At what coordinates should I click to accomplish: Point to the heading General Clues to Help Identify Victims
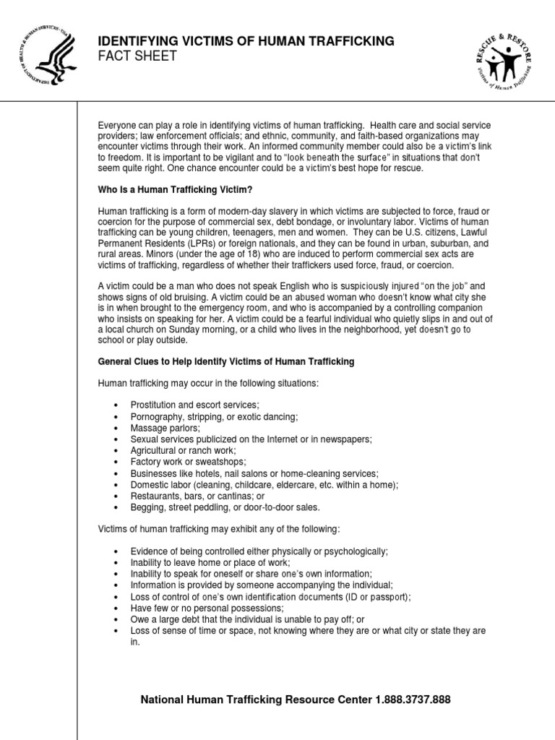226,361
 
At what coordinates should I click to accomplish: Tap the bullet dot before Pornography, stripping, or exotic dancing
117,418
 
